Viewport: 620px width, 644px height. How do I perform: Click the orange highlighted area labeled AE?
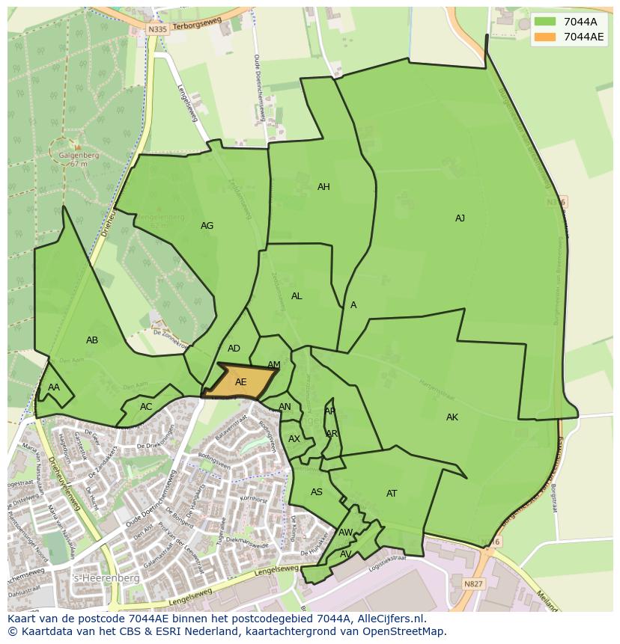[240, 381]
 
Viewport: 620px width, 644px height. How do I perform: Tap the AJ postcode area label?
[460, 218]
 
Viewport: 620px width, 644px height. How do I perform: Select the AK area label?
[452, 417]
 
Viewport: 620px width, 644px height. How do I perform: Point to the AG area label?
[207, 226]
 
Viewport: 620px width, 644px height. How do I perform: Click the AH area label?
[323, 187]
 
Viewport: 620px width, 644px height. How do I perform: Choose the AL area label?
[297, 296]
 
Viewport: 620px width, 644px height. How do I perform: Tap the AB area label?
[92, 340]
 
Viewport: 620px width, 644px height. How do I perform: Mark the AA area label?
[54, 387]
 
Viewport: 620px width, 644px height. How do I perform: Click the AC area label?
[146, 407]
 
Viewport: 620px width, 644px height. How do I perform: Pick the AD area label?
[234, 349]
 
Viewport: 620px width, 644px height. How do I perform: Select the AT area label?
[392, 494]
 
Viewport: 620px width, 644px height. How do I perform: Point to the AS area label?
[317, 492]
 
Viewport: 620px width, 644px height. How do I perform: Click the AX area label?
[294, 439]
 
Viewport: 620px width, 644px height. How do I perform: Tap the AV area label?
[345, 554]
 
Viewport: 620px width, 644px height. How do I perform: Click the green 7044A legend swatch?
[545, 22]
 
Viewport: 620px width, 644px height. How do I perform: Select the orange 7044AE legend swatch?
[545, 37]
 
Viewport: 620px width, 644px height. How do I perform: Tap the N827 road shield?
[473, 583]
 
